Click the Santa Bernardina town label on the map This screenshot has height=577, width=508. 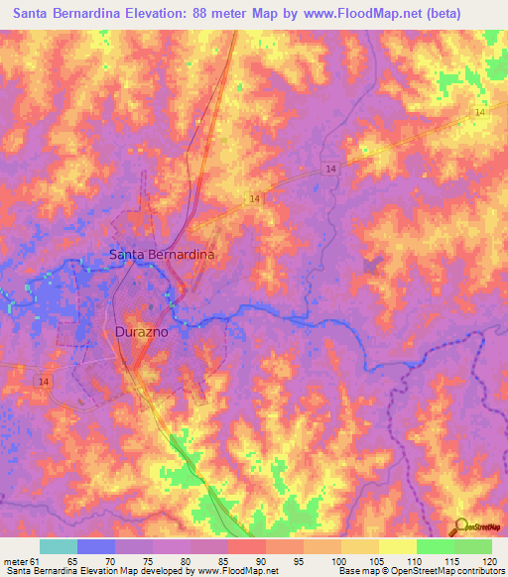point(162,254)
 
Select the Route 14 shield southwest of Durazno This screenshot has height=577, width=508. point(44,380)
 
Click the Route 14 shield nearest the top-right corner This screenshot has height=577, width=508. point(480,114)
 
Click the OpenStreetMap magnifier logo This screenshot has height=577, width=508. point(459,527)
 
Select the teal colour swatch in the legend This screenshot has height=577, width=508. point(59,546)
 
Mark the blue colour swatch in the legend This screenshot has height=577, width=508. point(96,546)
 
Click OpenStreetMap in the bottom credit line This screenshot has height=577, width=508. point(405,571)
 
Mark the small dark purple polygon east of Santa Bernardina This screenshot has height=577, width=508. point(373,266)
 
